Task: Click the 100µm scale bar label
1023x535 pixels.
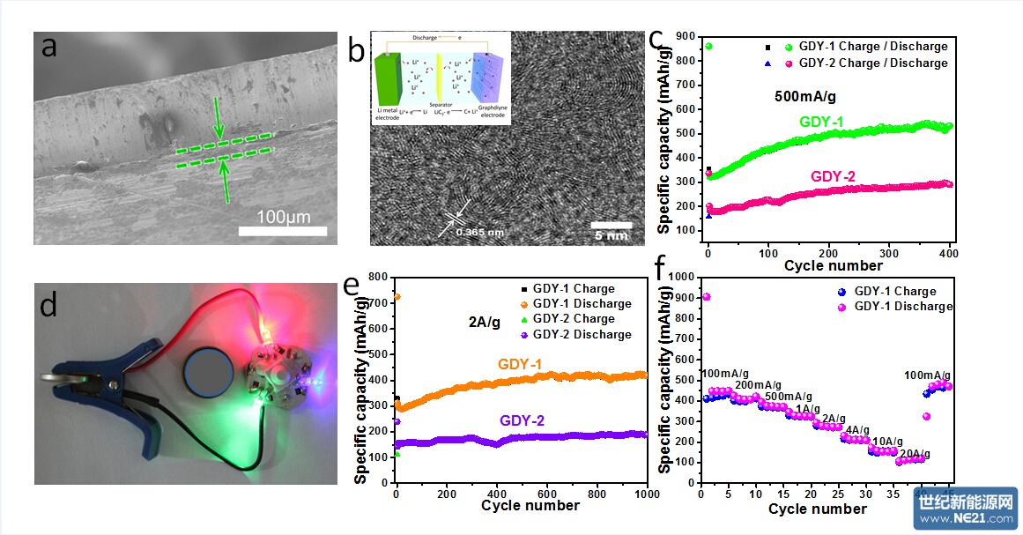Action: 283,217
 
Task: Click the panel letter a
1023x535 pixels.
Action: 49,46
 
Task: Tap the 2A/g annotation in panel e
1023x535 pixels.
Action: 484,323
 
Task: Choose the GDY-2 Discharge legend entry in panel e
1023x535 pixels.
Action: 582,334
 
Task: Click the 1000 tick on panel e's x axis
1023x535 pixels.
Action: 646,493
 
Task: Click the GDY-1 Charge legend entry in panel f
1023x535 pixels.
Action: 894,291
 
